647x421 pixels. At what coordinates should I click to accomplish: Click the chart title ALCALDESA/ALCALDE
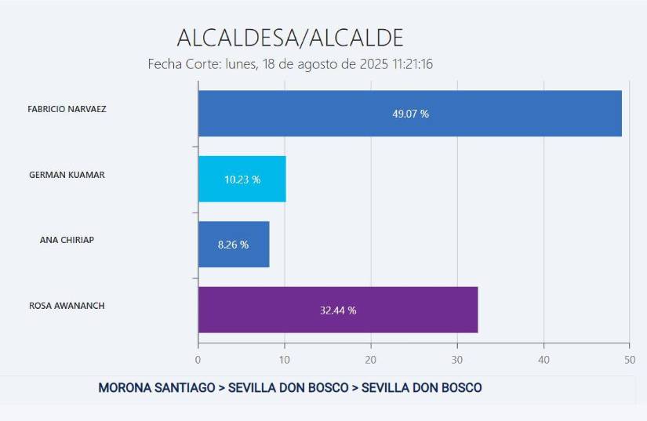pos(289,37)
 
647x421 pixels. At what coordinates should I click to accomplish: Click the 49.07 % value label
pos(410,114)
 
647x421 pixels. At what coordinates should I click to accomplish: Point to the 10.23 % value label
pos(242,180)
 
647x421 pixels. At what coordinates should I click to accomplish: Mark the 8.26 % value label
pos(233,245)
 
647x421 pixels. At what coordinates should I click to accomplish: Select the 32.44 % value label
pos(338,310)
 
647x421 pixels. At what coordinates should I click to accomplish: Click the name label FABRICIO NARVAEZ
pos(67,110)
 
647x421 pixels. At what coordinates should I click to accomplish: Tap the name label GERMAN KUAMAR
pos(67,175)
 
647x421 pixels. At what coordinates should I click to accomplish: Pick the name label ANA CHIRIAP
pos(67,241)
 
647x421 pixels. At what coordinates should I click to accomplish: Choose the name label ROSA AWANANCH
pos(67,306)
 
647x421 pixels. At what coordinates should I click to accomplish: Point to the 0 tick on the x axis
pos(198,360)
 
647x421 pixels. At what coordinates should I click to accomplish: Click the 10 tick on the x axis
pos(284,360)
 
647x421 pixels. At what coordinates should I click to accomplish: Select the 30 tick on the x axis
pos(456,360)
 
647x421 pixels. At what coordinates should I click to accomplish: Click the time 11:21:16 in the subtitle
pos(408,64)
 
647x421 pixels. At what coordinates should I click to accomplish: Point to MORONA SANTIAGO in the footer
pos(156,388)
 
